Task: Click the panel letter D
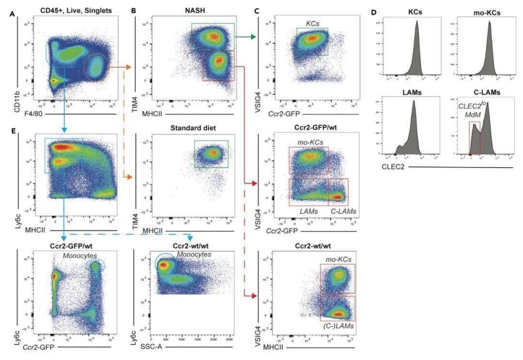coord(373,11)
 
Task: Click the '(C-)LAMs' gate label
coord(338,327)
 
